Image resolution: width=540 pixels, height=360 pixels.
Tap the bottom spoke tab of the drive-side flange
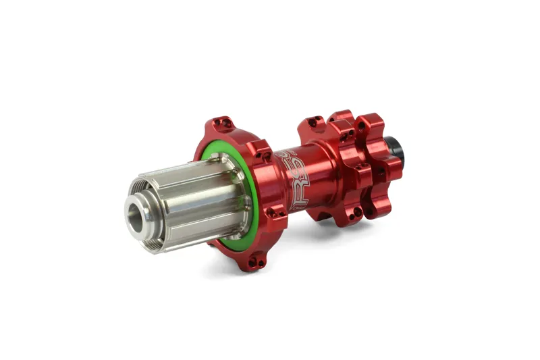pos(252,261)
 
